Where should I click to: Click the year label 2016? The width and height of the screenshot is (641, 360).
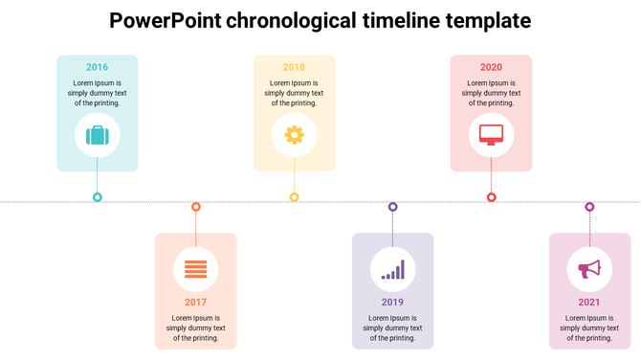97,67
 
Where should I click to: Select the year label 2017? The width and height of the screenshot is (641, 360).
195,302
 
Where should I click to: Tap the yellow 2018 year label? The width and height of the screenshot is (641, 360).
294,67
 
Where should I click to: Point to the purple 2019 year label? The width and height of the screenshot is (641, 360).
392,302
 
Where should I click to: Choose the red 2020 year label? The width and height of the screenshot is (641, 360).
491,67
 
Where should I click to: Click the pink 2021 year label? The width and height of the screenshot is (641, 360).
589,302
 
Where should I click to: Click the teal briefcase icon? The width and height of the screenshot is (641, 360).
97,135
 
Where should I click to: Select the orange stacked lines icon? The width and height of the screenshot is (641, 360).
195,269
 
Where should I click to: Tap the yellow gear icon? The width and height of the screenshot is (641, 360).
294,135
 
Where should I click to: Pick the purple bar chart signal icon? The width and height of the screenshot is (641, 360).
392,270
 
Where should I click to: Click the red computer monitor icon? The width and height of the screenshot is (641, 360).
491,135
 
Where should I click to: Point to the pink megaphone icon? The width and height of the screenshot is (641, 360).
589,269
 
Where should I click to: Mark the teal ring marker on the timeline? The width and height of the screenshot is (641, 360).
97,197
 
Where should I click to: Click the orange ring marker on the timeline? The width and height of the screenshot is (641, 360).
195,207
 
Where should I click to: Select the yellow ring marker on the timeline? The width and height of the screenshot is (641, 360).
294,197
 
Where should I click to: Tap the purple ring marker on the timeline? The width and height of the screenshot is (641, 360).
392,207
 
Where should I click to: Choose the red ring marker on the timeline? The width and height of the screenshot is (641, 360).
491,197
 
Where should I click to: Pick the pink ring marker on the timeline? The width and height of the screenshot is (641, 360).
589,207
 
